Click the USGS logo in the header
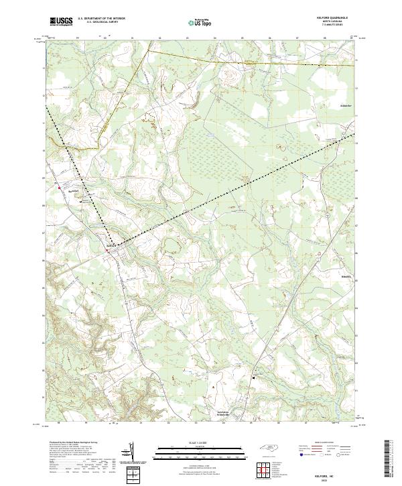tap(61, 21)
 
